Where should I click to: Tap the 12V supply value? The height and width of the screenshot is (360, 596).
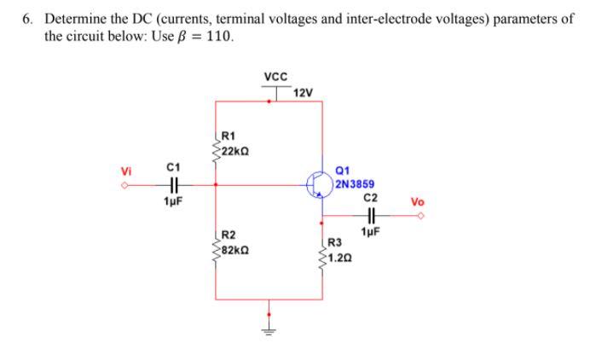(304, 92)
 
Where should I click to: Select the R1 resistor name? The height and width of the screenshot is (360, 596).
(228, 135)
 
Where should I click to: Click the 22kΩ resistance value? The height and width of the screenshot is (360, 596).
(233, 151)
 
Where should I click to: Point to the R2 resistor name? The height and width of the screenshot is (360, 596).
(228, 235)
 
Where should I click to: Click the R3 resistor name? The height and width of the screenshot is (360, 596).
(335, 241)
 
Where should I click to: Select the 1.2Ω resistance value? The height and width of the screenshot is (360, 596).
(339, 256)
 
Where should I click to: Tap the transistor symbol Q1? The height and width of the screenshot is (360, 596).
(318, 183)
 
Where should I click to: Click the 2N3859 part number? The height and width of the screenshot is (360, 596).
(352, 183)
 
